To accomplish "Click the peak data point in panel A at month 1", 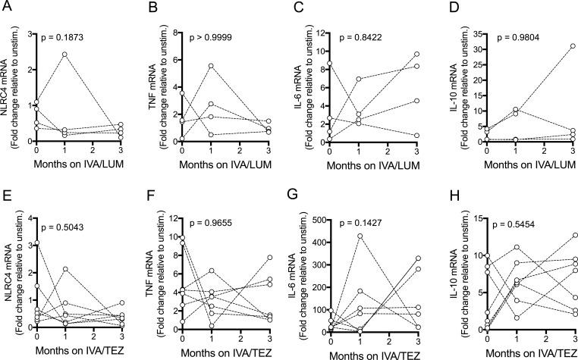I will tap(66, 55).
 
